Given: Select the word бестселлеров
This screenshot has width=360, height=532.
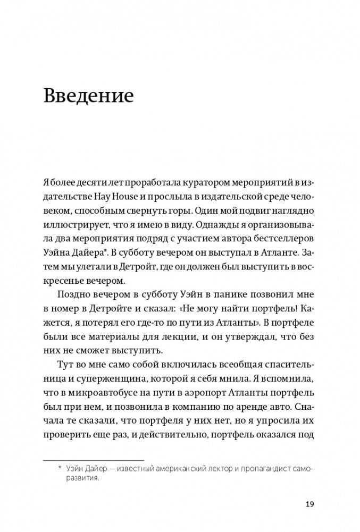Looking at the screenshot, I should point(281,243).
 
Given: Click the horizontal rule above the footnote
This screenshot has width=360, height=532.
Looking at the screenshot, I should point(93,460).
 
